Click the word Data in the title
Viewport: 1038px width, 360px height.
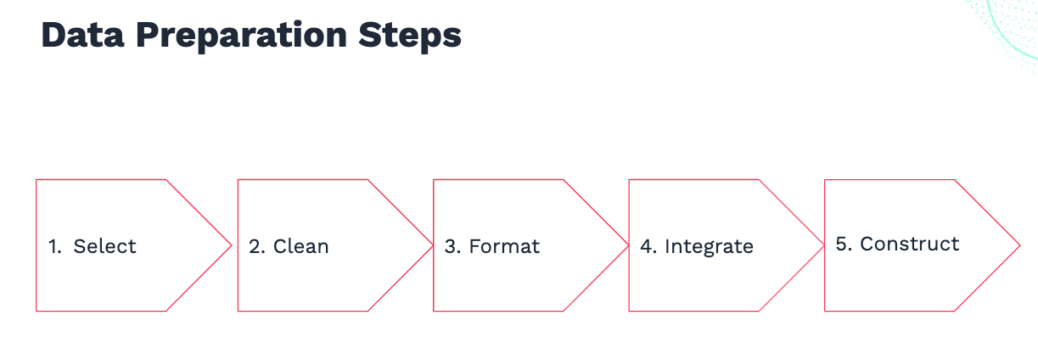pyautogui.click(x=82, y=35)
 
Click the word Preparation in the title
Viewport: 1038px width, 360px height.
pyautogui.click(x=241, y=37)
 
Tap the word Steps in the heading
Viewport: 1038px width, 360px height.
pyautogui.click(x=410, y=37)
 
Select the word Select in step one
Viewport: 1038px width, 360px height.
pyautogui.click(x=104, y=246)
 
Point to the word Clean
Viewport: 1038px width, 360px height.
pyautogui.click(x=300, y=246)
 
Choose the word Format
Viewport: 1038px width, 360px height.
pyautogui.click(x=504, y=246)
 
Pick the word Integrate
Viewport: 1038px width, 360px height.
pyautogui.click(x=709, y=247)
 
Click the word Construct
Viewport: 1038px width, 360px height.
pyautogui.click(x=909, y=244)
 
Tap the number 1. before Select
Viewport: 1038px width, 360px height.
pyautogui.click(x=54, y=246)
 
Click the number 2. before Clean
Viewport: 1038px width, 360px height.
pyautogui.click(x=256, y=246)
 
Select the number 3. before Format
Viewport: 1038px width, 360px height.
pyautogui.click(x=452, y=246)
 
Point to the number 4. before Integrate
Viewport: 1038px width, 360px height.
pyautogui.click(x=648, y=246)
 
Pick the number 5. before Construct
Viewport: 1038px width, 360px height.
pyautogui.click(x=844, y=244)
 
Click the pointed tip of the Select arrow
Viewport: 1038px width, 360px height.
pyautogui.click(x=231, y=245)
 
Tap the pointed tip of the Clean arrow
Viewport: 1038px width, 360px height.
pyautogui.click(x=433, y=245)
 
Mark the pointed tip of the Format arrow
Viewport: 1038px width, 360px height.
pyautogui.click(x=628, y=245)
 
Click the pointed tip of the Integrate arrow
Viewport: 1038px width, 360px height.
pyautogui.click(x=824, y=245)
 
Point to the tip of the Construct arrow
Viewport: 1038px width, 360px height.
pyautogui.click(x=1020, y=245)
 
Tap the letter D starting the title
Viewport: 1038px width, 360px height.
pyautogui.click(x=53, y=35)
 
